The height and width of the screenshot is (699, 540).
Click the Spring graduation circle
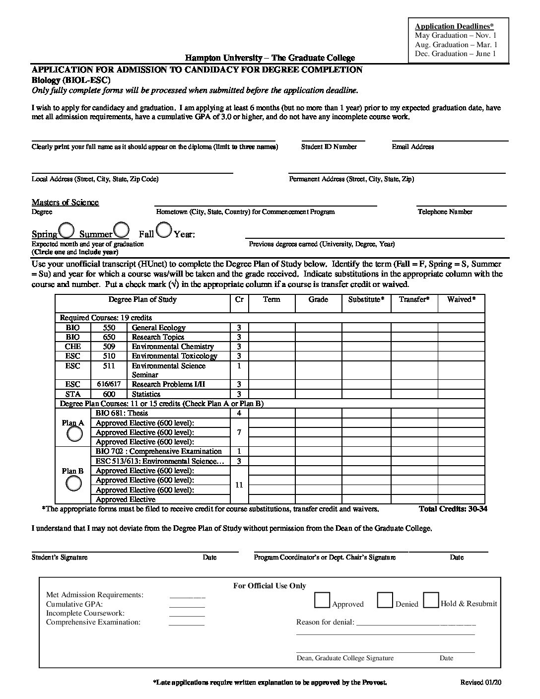[67, 230]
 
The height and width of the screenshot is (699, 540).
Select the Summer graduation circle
[122, 230]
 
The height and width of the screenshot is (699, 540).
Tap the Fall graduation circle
[164, 229]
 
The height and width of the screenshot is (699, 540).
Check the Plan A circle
[75, 434]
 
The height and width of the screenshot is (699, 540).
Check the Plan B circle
[74, 483]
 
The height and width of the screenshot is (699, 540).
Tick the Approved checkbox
[322, 600]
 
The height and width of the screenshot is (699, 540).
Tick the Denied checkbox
[385, 600]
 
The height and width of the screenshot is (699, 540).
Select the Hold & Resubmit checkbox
[431, 600]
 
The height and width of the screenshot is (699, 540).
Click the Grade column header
[318, 299]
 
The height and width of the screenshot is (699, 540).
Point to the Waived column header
[461, 299]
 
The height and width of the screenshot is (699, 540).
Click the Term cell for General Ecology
[271, 328]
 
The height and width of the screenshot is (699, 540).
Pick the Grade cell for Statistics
[318, 394]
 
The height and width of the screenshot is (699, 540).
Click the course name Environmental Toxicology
[174, 356]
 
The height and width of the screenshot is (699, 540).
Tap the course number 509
[109, 347]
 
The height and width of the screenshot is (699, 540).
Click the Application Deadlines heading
[454, 26]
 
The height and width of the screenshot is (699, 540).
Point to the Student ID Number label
[329, 146]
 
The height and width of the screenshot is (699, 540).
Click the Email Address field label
[412, 146]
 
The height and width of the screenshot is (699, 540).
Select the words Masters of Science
[65, 202]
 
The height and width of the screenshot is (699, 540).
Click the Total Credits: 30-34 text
[453, 509]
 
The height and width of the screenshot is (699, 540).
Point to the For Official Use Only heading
[270, 586]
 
